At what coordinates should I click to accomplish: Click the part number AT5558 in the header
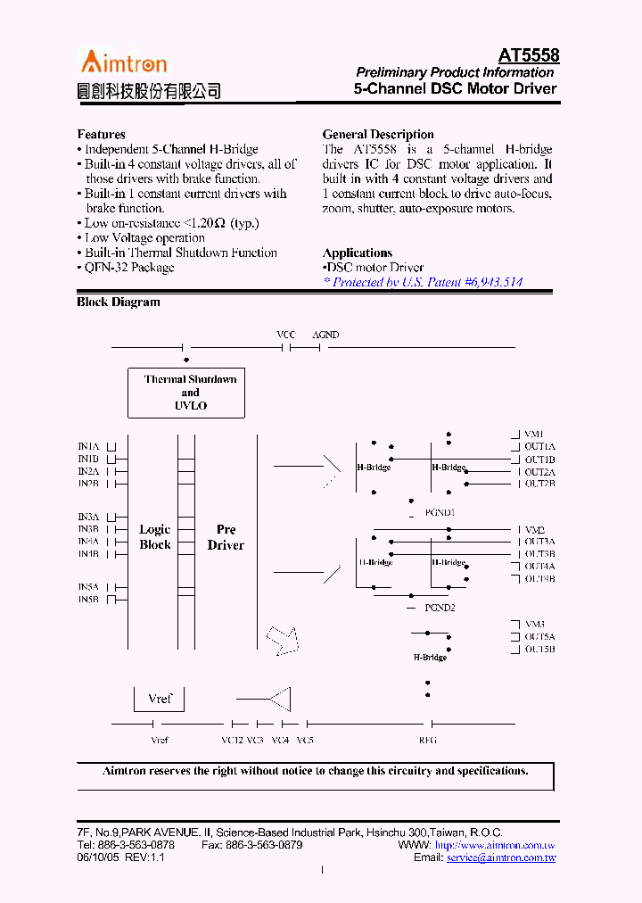click(x=529, y=55)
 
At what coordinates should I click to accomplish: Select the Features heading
click(x=101, y=135)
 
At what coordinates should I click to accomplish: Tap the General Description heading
click(x=378, y=135)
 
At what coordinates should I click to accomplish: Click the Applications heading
click(x=357, y=253)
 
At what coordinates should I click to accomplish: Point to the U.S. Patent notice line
click(x=423, y=282)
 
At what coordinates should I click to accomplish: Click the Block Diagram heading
click(x=119, y=302)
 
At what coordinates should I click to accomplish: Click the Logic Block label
click(x=155, y=537)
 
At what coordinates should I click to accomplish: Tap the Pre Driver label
click(x=226, y=537)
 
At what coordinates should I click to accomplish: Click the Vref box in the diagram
click(x=160, y=700)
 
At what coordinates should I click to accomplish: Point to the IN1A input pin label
click(x=88, y=445)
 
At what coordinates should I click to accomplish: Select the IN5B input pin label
click(x=88, y=600)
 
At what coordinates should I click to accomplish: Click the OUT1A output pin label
click(x=539, y=446)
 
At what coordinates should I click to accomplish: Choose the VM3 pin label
click(x=535, y=625)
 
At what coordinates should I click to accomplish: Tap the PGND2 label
click(x=440, y=608)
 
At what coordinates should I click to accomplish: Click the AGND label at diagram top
click(x=325, y=335)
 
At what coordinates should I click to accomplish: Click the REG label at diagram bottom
click(x=428, y=741)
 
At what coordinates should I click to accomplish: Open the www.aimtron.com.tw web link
click(x=495, y=844)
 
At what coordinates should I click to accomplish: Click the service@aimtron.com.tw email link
click(x=501, y=857)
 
